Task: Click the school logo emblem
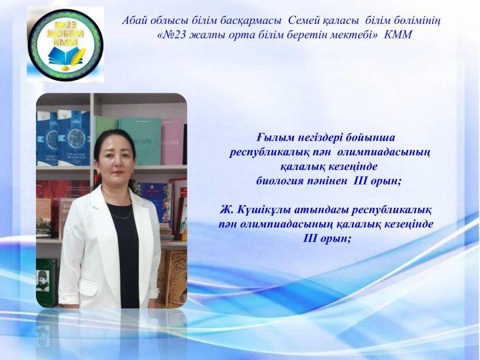[x=65, y=45]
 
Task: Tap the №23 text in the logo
[x=65, y=25]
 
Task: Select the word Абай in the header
[x=133, y=21]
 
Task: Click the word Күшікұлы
[x=264, y=210]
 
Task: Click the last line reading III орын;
[x=327, y=239]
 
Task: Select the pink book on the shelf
[x=173, y=142]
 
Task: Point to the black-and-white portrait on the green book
[x=42, y=281]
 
